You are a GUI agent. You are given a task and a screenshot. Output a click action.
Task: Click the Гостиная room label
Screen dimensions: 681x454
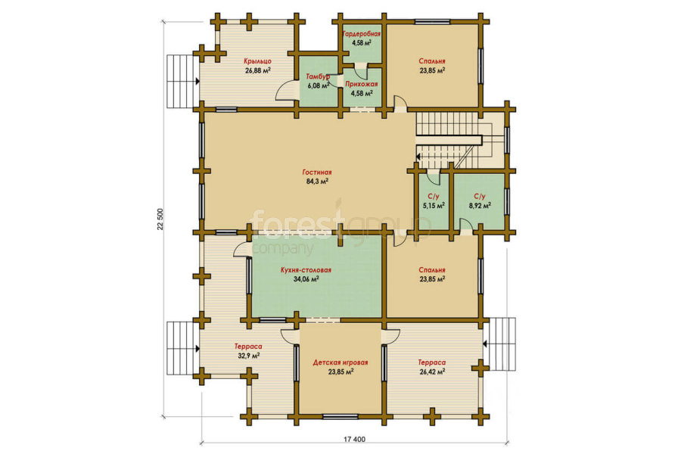(x=317, y=173)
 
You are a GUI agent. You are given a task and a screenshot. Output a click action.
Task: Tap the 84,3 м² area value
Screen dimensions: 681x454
(x=317, y=182)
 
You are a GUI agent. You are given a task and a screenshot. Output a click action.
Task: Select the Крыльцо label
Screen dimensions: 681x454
(x=257, y=61)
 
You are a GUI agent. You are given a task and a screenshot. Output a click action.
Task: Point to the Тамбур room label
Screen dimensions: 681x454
(x=319, y=76)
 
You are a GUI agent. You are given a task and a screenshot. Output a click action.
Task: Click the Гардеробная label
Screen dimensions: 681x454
(x=362, y=34)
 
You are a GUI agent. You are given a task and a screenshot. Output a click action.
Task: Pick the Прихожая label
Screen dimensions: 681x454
(x=362, y=84)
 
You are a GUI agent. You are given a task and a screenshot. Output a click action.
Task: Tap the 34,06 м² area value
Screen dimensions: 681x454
(x=306, y=279)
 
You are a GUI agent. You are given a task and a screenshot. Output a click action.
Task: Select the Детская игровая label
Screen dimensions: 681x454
(x=340, y=362)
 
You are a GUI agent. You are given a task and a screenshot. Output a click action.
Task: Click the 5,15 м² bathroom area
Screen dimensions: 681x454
(x=434, y=206)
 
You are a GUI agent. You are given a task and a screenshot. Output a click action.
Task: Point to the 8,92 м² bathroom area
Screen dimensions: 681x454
(x=480, y=206)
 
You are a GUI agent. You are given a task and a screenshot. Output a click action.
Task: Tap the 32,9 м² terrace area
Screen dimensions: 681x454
(x=248, y=356)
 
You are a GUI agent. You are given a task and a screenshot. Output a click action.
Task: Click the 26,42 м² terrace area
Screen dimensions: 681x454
(x=432, y=372)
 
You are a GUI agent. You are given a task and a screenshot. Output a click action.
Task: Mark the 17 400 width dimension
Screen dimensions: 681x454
(x=354, y=439)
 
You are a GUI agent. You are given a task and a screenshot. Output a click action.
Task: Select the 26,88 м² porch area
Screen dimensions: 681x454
(x=258, y=70)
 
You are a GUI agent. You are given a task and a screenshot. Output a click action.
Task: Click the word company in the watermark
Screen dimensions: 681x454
(x=282, y=249)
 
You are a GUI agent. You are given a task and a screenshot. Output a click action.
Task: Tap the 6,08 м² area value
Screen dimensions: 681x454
(x=319, y=86)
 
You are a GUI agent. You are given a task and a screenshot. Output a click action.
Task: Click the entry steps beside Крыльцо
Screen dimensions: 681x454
(x=180, y=81)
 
